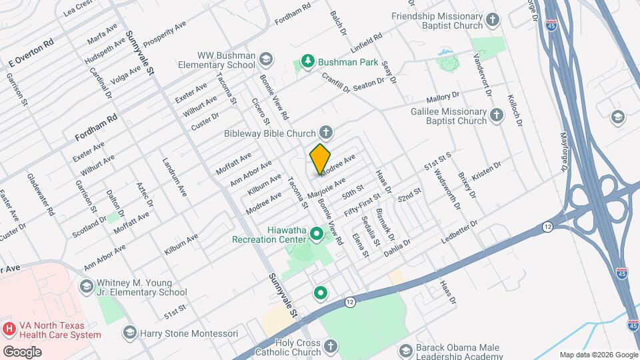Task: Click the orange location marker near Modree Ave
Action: (x=321, y=159)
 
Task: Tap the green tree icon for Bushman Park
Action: (x=307, y=62)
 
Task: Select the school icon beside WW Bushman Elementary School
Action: (x=267, y=59)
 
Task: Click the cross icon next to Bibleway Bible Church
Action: (x=326, y=133)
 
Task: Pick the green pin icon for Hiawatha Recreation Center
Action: (x=317, y=233)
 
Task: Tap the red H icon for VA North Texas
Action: (x=9, y=329)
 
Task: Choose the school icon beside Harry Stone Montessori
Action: (x=129, y=332)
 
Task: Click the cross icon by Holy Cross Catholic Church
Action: (x=330, y=345)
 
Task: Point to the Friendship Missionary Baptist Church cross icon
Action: (x=493, y=20)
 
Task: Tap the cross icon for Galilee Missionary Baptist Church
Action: (x=496, y=115)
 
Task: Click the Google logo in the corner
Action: (x=22, y=351)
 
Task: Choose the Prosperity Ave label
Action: (x=165, y=35)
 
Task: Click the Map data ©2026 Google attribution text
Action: (x=597, y=354)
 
